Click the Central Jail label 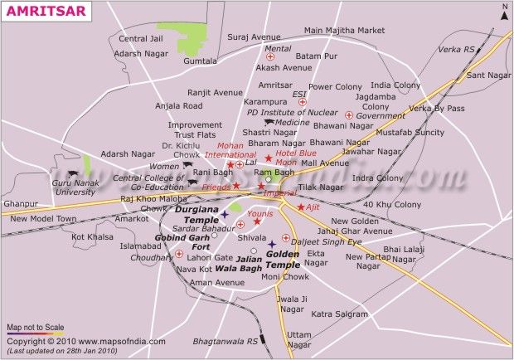141,39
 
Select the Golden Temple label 283,259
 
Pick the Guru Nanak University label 75,187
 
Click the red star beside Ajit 300,207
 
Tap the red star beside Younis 257,222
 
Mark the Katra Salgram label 340,314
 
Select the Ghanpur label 21,204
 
